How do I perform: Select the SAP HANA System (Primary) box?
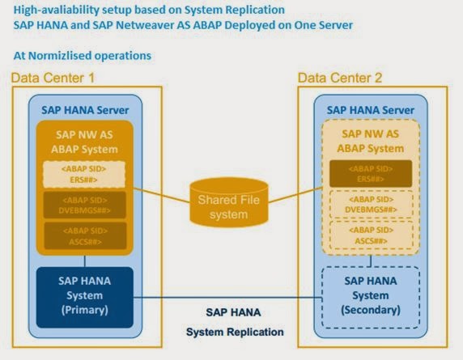pos(85,295)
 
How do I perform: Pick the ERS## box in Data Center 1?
pos(85,175)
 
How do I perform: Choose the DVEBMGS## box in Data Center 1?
pos(85,205)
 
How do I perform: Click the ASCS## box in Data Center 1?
pos(85,235)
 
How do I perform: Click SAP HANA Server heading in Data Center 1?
pos(85,109)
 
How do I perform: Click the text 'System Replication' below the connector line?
pos(235,332)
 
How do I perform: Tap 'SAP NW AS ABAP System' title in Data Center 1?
pos(85,141)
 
